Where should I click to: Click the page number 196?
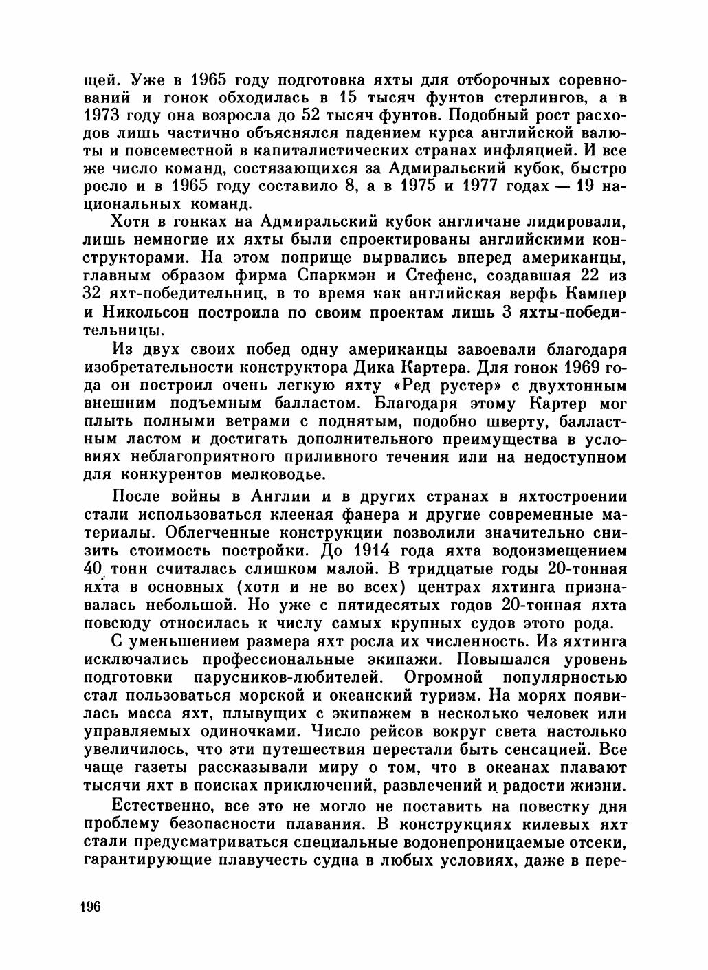(90, 905)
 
